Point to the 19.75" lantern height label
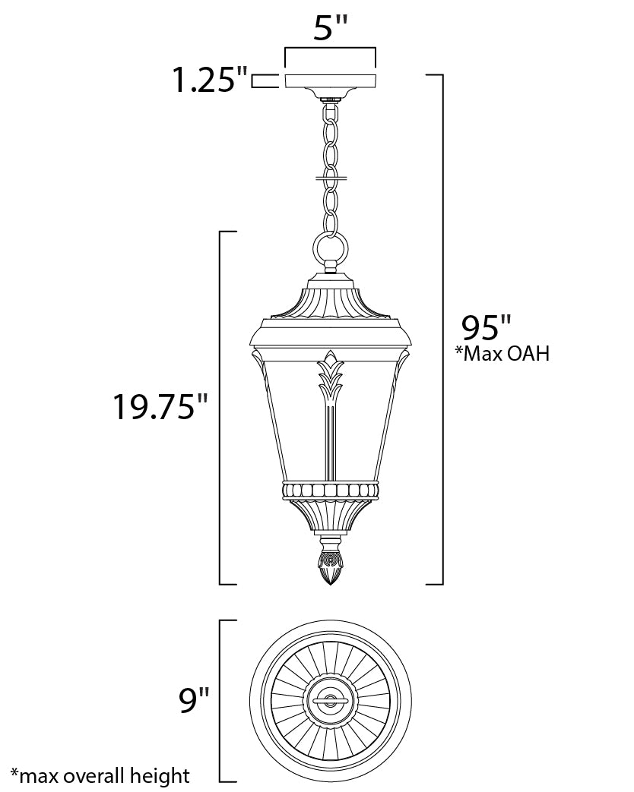tap(160, 406)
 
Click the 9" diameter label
tap(194, 700)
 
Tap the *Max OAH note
tap(502, 354)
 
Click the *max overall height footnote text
tap(100, 775)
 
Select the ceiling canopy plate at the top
tap(330, 80)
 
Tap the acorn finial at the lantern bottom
tap(330, 560)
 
